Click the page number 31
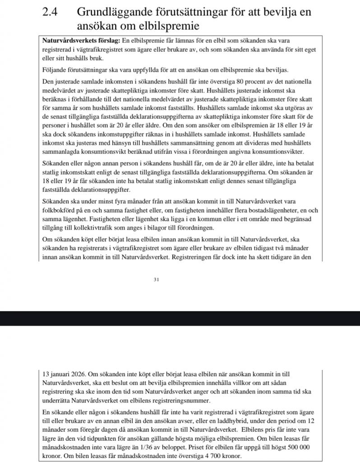click(157, 280)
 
